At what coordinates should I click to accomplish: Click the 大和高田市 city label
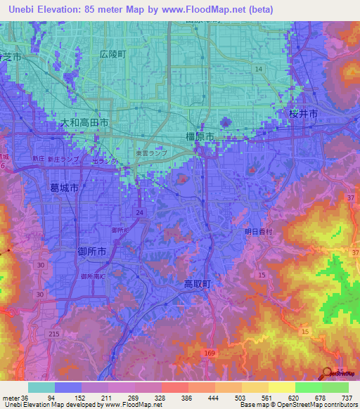[x=84, y=122]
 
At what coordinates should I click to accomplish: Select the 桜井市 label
[x=304, y=114]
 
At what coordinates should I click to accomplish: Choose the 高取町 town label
[x=198, y=284]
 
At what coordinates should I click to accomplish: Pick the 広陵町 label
[x=112, y=53]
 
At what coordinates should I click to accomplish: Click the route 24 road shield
[x=140, y=212]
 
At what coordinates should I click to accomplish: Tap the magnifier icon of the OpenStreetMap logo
[x=328, y=373]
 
